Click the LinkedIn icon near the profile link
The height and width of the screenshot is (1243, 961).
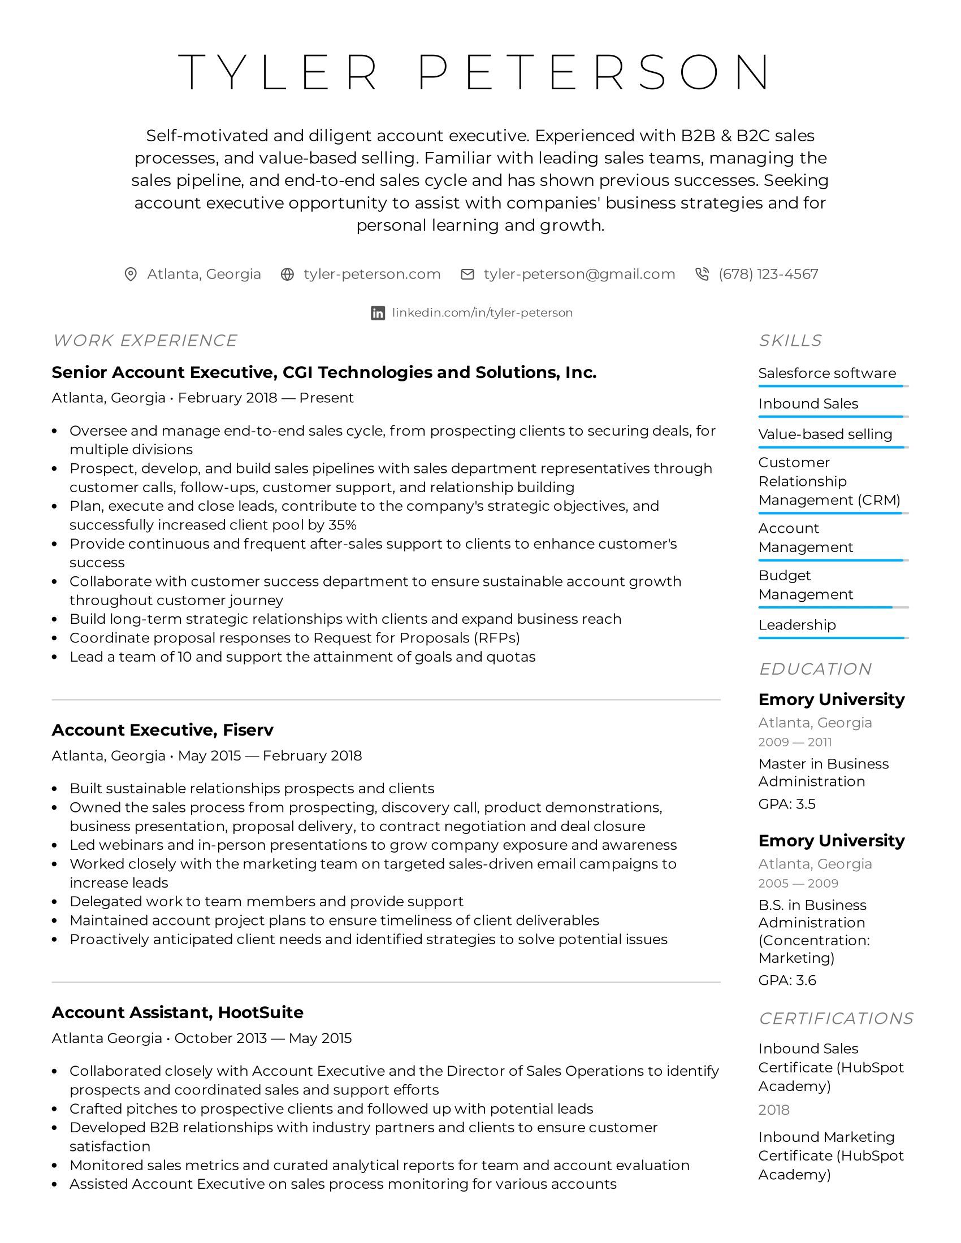(x=378, y=313)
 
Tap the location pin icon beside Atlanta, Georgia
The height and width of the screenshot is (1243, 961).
(x=131, y=275)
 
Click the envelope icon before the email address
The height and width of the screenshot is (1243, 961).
(x=467, y=275)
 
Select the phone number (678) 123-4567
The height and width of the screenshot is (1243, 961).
(x=768, y=275)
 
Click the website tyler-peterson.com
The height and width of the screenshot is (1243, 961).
(x=372, y=275)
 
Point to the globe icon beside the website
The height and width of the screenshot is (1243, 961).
(x=288, y=275)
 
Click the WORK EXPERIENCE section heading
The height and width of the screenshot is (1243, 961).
(x=145, y=340)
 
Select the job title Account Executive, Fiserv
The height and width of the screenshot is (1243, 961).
(x=162, y=729)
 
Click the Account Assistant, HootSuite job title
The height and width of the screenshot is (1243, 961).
(x=177, y=1012)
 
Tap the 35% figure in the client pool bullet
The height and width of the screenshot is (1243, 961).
(x=343, y=525)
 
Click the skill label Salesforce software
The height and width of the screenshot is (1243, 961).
(x=826, y=373)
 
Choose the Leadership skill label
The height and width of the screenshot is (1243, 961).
(x=796, y=625)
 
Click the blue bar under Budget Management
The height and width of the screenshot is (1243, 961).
(x=825, y=607)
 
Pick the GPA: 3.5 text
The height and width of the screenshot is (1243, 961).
(x=787, y=804)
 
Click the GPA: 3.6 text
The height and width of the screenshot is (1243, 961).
(x=787, y=981)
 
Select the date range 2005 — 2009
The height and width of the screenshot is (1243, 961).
(x=798, y=883)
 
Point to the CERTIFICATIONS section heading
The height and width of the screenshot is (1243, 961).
(x=836, y=1018)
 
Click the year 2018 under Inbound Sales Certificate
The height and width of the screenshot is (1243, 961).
(x=774, y=1110)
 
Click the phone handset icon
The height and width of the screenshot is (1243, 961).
(x=702, y=275)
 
